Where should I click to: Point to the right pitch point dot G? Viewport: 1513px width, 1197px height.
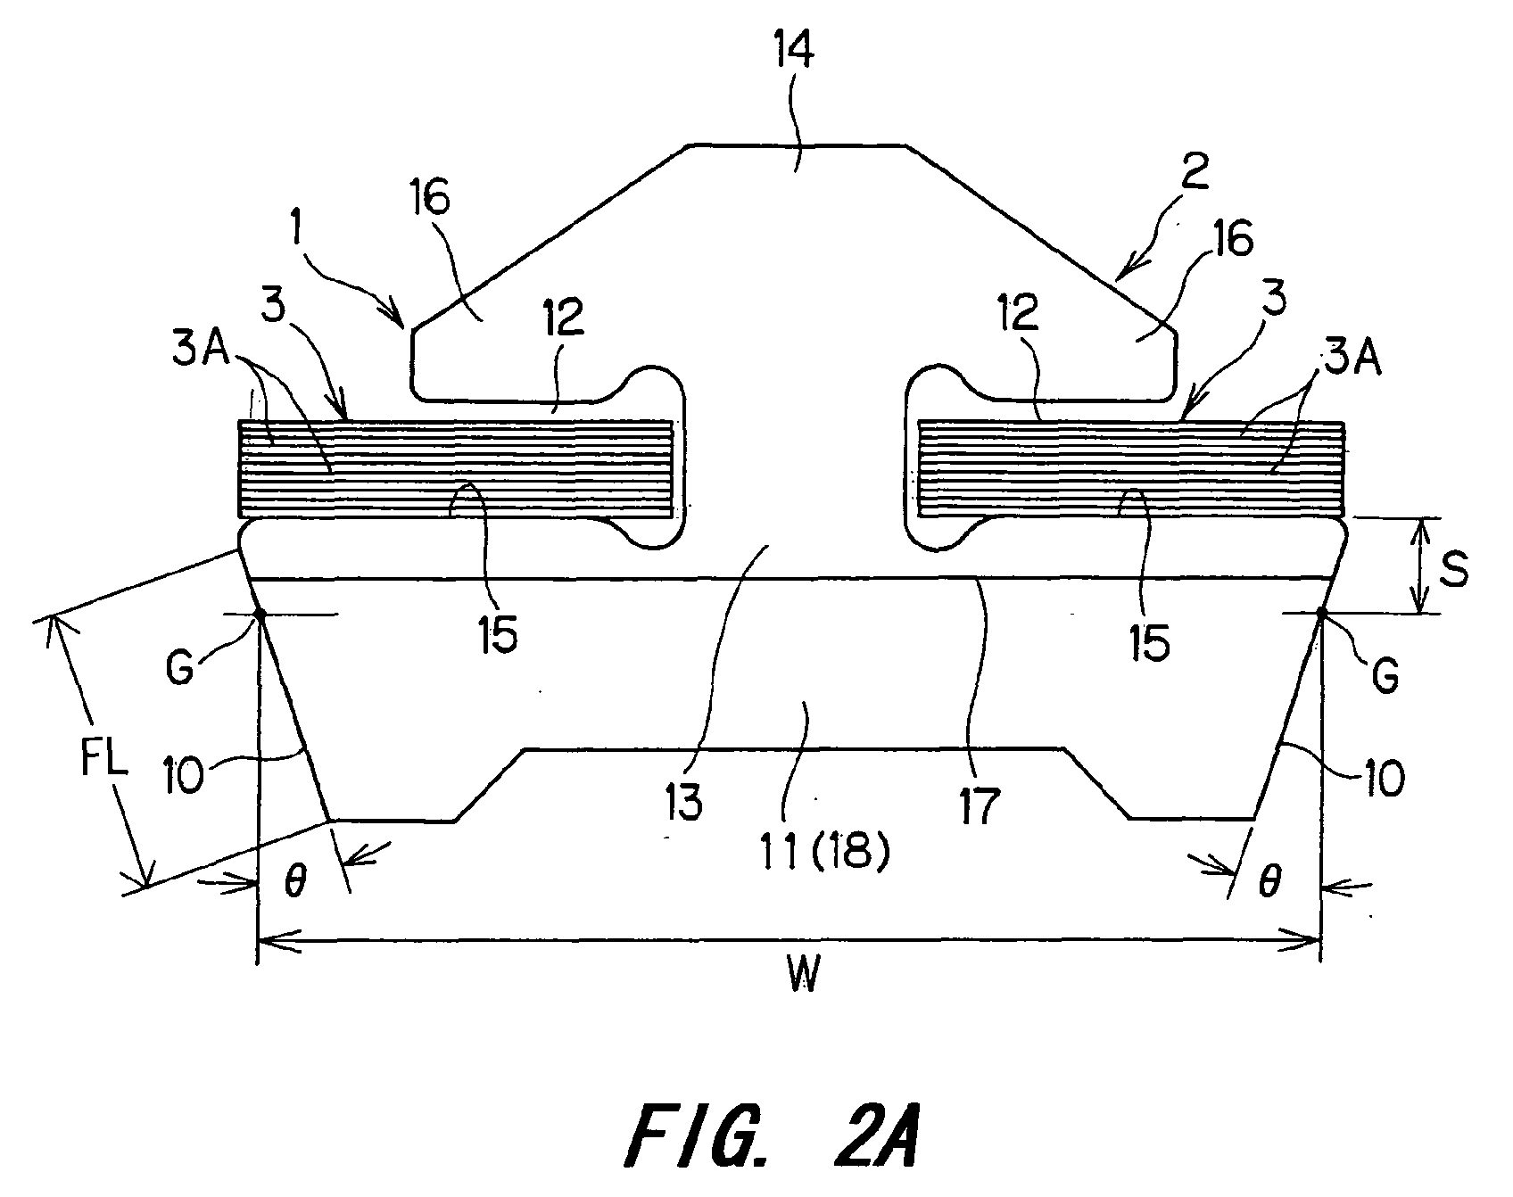(1319, 613)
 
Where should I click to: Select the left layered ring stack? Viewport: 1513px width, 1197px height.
(457, 469)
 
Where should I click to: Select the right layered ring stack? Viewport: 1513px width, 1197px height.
(1130, 469)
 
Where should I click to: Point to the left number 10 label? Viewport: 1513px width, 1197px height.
(184, 772)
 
